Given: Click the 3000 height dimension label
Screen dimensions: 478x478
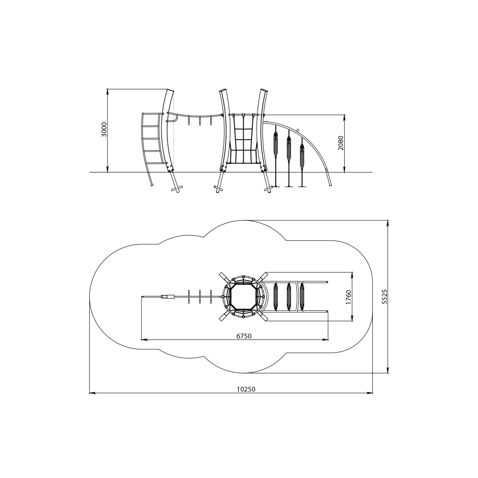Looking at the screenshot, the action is (104, 130).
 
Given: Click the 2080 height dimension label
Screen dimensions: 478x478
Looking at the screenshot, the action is (341, 142).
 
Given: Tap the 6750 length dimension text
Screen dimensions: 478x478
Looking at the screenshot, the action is (244, 336).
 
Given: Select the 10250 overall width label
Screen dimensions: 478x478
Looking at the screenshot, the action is (246, 389).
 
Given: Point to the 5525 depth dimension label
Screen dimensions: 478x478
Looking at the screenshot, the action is (384, 297).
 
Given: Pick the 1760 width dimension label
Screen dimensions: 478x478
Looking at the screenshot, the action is (349, 297).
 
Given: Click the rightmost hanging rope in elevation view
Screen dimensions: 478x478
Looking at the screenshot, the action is (302, 162).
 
